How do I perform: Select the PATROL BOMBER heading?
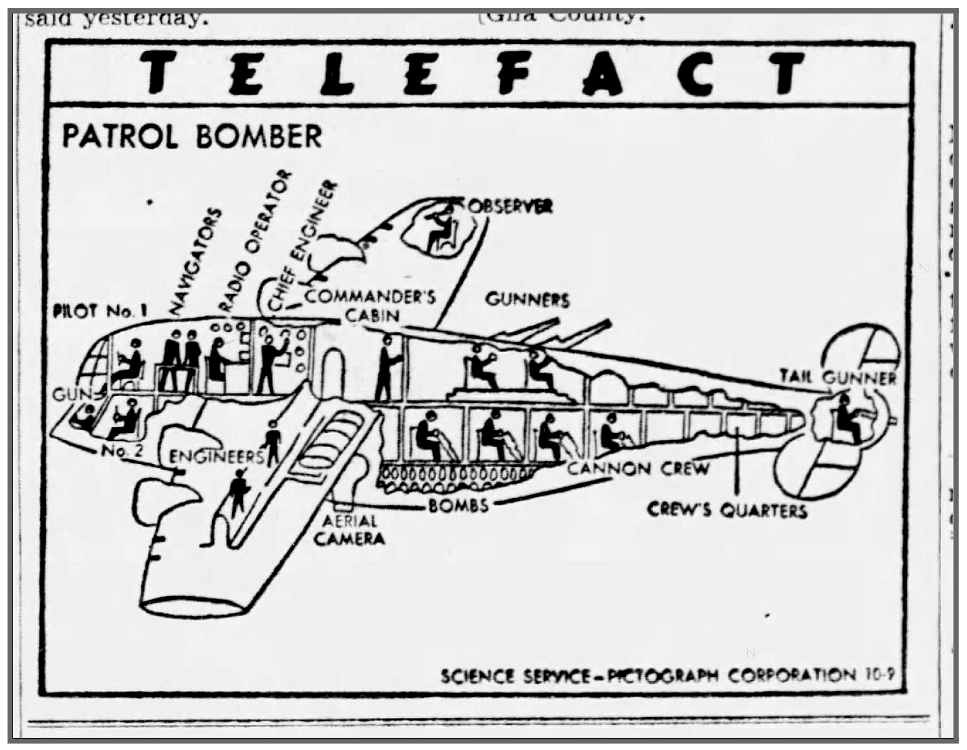192,136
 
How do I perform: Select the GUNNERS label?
527,300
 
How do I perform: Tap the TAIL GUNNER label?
838,377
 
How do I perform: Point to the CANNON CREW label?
638,469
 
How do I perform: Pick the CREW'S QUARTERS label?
727,509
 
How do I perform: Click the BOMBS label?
458,506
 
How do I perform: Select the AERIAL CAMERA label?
349,530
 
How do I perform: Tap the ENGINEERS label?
216,457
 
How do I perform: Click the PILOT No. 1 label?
100,311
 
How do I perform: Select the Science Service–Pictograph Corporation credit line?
667,675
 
